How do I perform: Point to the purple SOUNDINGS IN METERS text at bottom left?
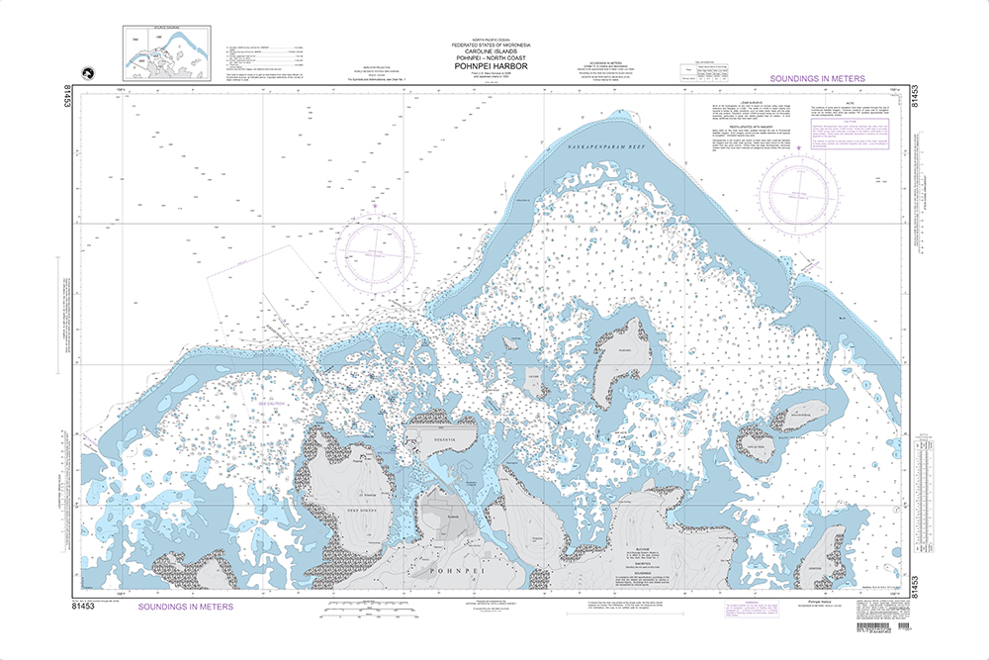pyautogui.click(x=186, y=606)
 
